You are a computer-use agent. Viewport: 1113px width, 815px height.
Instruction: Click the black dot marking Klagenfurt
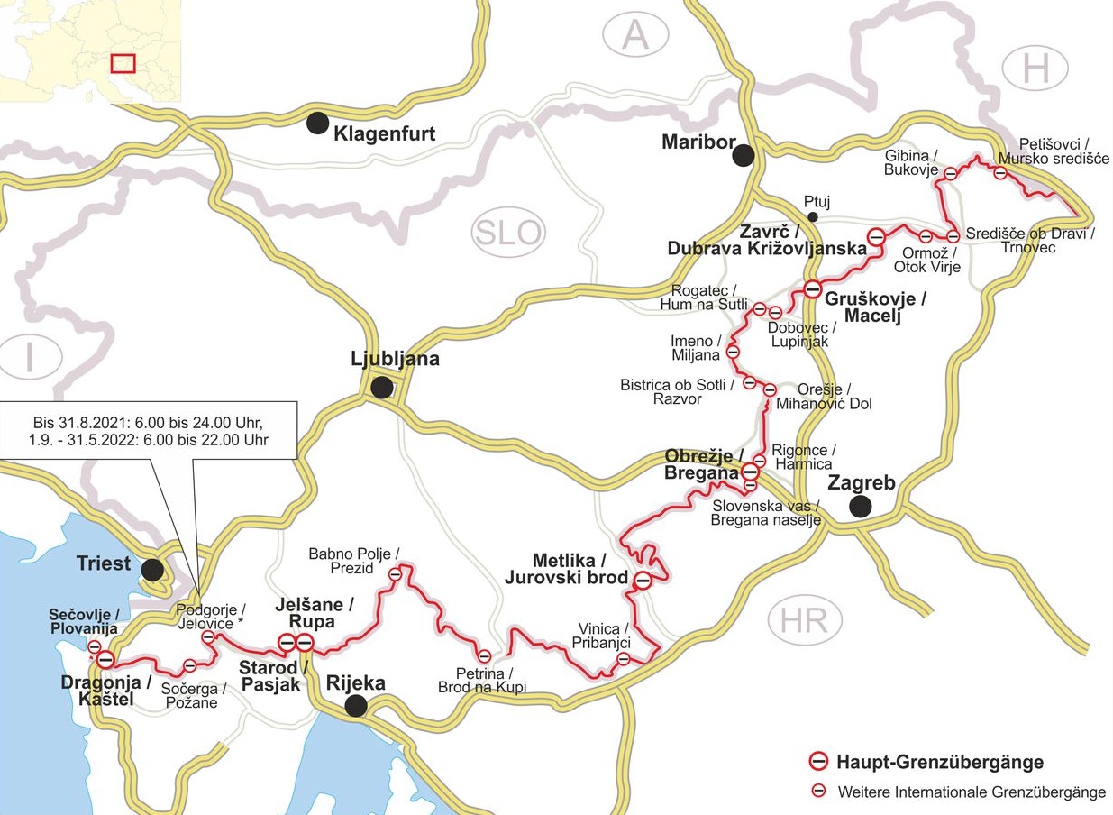(x=317, y=124)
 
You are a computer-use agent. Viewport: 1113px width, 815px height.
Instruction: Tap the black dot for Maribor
(x=743, y=155)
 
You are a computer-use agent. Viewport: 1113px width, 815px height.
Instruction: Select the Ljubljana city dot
(x=382, y=388)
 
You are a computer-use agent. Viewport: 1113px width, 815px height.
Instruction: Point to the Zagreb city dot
(x=861, y=506)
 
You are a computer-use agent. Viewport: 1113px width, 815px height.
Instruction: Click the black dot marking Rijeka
(x=357, y=705)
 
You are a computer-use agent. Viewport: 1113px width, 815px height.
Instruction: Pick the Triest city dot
(x=152, y=569)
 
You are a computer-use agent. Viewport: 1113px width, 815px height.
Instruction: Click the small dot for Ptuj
(x=813, y=216)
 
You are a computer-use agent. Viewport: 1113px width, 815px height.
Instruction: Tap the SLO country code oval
(x=509, y=234)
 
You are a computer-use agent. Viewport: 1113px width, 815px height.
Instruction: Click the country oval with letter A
(x=636, y=36)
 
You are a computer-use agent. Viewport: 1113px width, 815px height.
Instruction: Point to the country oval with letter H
(x=1035, y=69)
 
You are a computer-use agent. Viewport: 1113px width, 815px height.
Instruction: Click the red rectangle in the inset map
(x=122, y=63)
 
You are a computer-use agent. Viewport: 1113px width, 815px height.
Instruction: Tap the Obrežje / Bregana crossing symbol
(x=750, y=471)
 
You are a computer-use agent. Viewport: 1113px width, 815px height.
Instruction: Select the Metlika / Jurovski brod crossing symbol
(x=643, y=581)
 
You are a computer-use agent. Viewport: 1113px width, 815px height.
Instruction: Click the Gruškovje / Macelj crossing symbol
(x=812, y=289)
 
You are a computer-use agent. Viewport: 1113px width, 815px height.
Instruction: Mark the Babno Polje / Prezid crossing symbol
(x=395, y=573)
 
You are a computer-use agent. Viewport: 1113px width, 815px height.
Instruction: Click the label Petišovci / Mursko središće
(x=1053, y=151)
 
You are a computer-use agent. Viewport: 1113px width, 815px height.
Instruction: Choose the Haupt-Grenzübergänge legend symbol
(x=818, y=762)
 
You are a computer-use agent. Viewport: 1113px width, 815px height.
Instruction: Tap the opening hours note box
(x=149, y=430)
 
